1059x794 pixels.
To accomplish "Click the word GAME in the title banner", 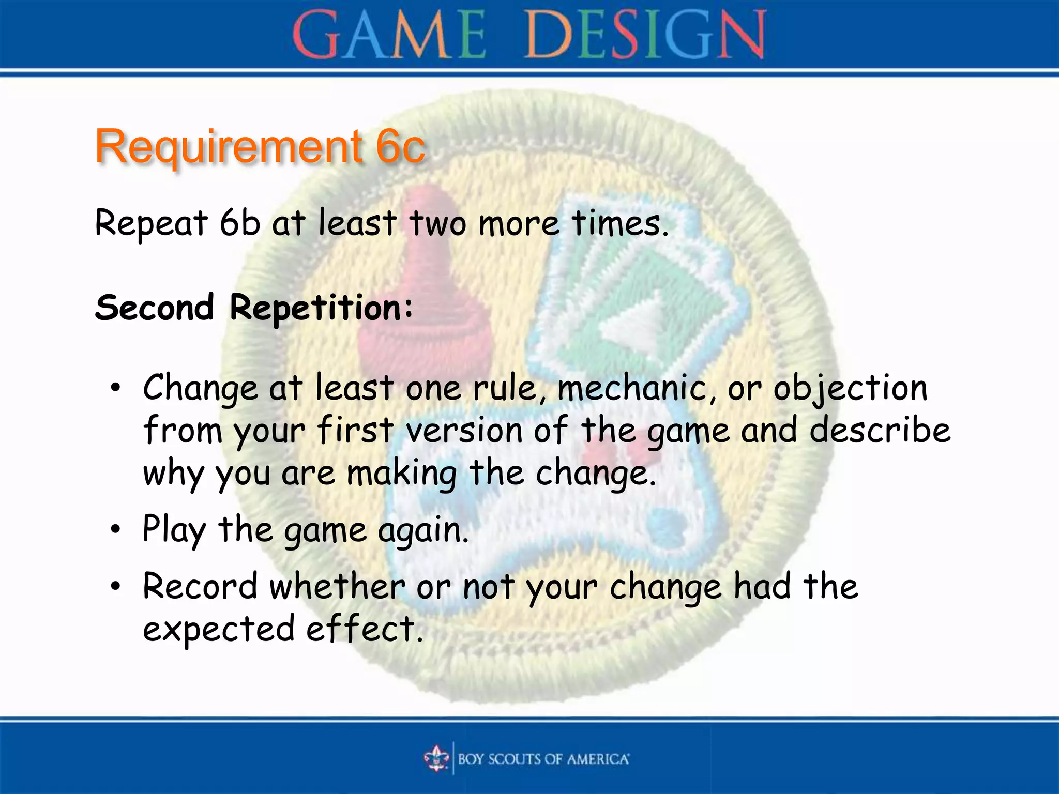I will [389, 35].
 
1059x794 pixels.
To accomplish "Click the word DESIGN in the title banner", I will [644, 35].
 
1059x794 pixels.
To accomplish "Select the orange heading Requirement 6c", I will [260, 147].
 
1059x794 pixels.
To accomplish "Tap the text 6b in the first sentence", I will [239, 223].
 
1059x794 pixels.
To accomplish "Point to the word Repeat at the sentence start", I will [151, 224].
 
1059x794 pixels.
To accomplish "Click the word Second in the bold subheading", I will [154, 307].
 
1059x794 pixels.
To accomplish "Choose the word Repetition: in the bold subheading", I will [322, 308].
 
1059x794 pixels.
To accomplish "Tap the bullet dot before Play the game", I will [115, 529].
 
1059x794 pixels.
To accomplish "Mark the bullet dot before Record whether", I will [115, 586].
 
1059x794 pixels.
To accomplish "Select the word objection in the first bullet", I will [850, 389].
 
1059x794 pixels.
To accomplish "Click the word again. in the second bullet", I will [423, 531].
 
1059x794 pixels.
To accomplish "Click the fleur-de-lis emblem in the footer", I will [437, 758].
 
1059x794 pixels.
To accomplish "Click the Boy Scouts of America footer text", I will [543, 759].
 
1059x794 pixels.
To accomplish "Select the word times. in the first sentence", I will [620, 223].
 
